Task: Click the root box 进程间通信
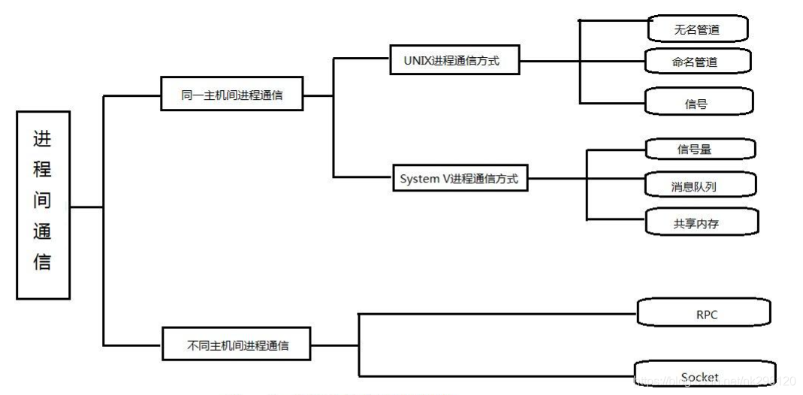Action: (43, 205)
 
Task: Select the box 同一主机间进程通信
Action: (232, 95)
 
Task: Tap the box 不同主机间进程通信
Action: (237, 346)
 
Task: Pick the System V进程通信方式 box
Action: (460, 179)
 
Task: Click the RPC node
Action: (703, 314)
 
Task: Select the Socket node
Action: (700, 376)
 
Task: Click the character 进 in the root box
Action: (42, 140)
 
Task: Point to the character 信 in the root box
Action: (42, 262)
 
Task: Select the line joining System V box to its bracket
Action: (557, 179)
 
